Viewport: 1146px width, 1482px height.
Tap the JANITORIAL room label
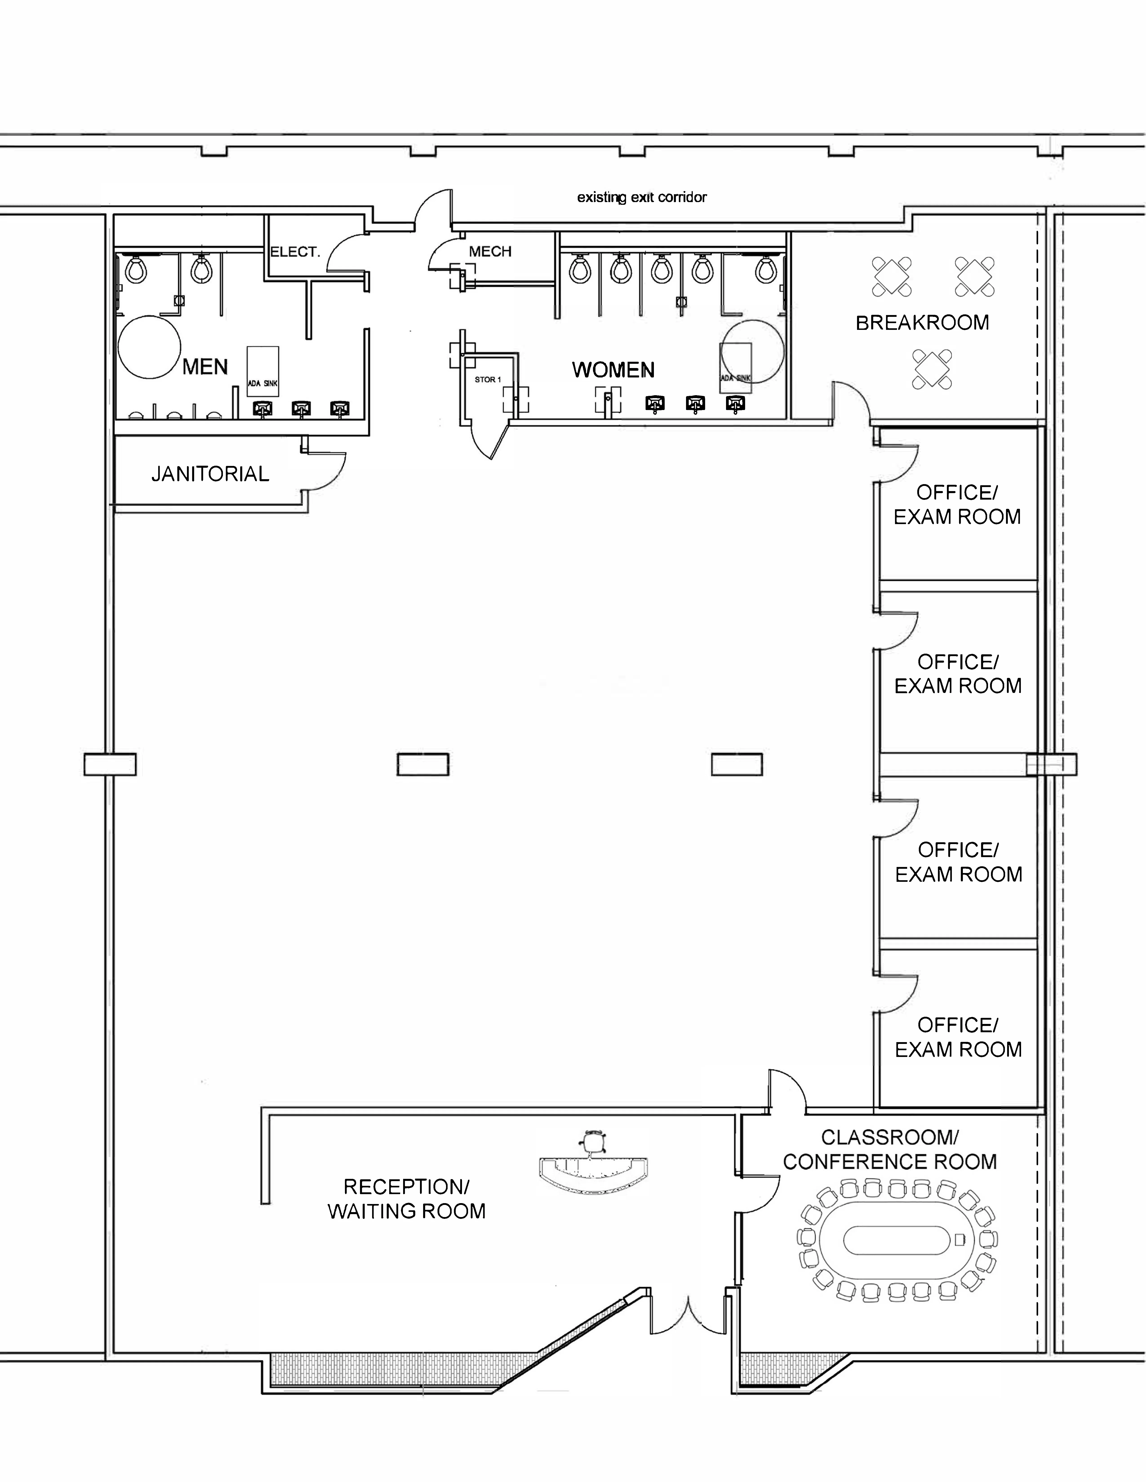pyautogui.click(x=210, y=474)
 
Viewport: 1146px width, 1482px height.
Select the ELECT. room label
pyautogui.click(x=295, y=252)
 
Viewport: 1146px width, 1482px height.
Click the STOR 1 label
pyautogui.click(x=487, y=379)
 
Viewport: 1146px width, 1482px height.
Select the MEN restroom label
pyautogui.click(x=205, y=367)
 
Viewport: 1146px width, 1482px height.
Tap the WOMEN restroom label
pyautogui.click(x=613, y=370)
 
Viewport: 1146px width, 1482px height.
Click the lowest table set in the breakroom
pyautogui.click(x=932, y=369)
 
